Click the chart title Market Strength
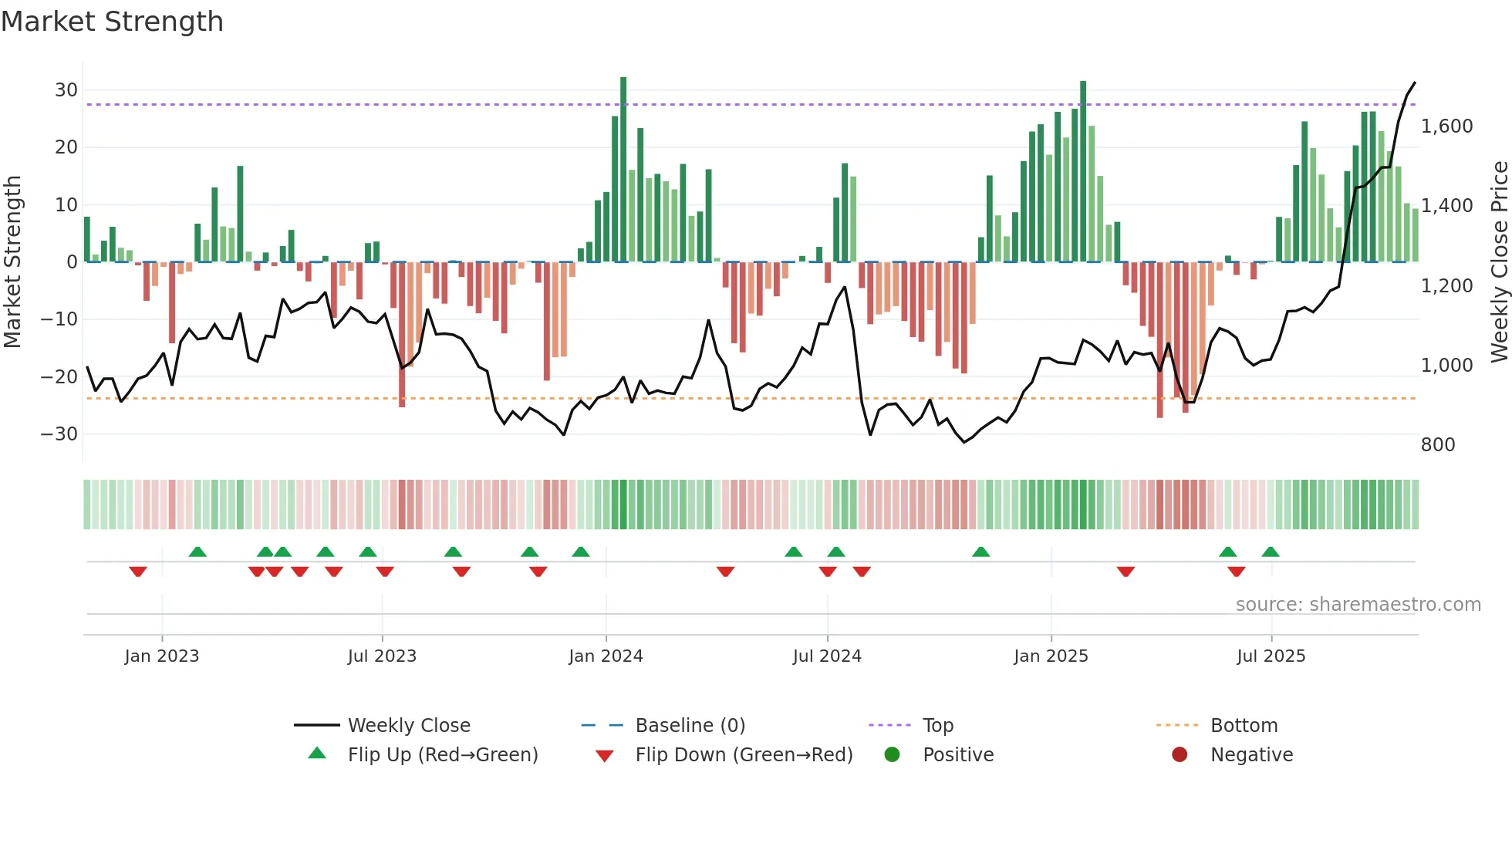112,22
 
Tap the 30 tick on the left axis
66,90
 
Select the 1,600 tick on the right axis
1446,126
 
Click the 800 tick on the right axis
1438,445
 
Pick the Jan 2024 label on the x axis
606,656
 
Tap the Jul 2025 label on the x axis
1271,656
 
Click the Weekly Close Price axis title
1499,262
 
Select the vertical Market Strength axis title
12,262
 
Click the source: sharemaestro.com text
1358,605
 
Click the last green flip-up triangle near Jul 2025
1271,552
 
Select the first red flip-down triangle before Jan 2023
138,572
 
